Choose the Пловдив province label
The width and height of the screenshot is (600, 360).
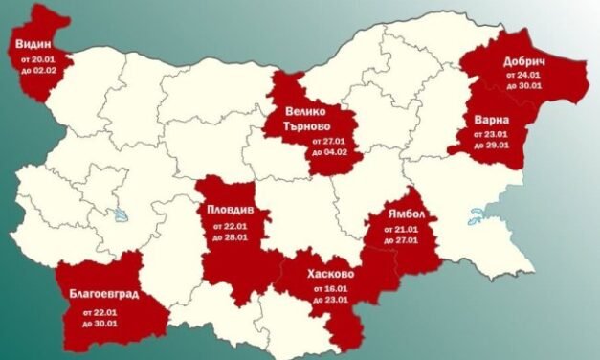(x=229, y=210)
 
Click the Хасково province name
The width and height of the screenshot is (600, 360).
(x=331, y=274)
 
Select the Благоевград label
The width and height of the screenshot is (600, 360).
(x=103, y=293)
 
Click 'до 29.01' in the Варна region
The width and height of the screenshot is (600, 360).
(x=495, y=146)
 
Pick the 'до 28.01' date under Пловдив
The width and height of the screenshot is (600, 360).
(x=228, y=236)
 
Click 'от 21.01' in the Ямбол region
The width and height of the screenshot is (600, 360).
(x=400, y=232)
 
